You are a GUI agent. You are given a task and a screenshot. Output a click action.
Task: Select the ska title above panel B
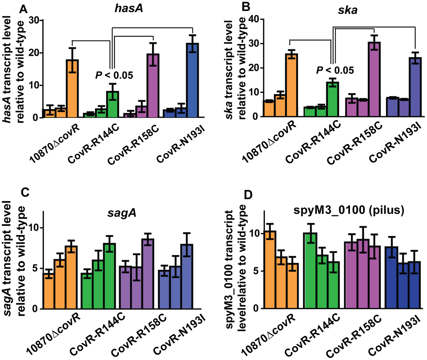point(347,10)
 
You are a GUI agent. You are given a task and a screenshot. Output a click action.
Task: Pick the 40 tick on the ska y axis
point(252,19)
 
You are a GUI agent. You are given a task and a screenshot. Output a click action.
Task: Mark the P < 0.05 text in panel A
point(114,75)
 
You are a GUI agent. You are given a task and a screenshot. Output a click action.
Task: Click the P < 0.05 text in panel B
point(335,70)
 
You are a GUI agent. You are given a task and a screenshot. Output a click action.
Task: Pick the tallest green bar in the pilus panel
point(310,270)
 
